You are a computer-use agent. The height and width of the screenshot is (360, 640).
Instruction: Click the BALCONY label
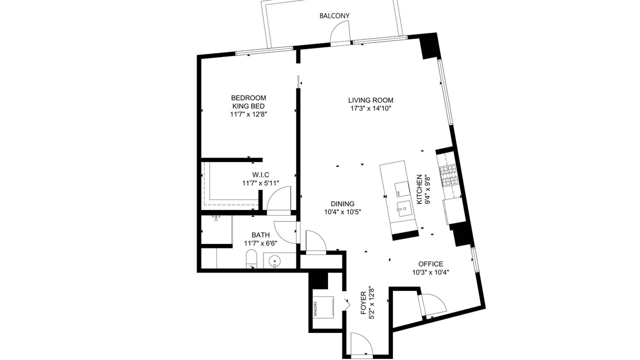coord(334,15)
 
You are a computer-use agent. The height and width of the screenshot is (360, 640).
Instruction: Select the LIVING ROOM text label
coord(370,100)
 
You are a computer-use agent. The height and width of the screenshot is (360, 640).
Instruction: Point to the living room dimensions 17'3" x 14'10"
coord(370,108)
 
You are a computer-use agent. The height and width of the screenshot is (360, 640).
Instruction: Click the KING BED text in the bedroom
coord(248,106)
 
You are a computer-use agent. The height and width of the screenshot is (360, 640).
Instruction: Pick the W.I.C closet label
coord(260,175)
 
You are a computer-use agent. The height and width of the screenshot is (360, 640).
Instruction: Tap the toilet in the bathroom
coord(251,259)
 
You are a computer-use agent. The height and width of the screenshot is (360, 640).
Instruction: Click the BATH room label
coord(260,235)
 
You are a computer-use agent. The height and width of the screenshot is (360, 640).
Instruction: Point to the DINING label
coord(342,204)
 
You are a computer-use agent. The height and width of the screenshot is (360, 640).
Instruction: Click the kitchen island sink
coord(403,209)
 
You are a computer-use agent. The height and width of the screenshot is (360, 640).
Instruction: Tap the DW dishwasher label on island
coord(398,193)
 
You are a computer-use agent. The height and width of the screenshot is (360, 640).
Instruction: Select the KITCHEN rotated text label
coord(419,189)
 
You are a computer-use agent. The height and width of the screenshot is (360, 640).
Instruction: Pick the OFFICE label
coord(430,264)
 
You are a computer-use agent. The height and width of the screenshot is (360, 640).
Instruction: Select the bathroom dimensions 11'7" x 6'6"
coord(260,243)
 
